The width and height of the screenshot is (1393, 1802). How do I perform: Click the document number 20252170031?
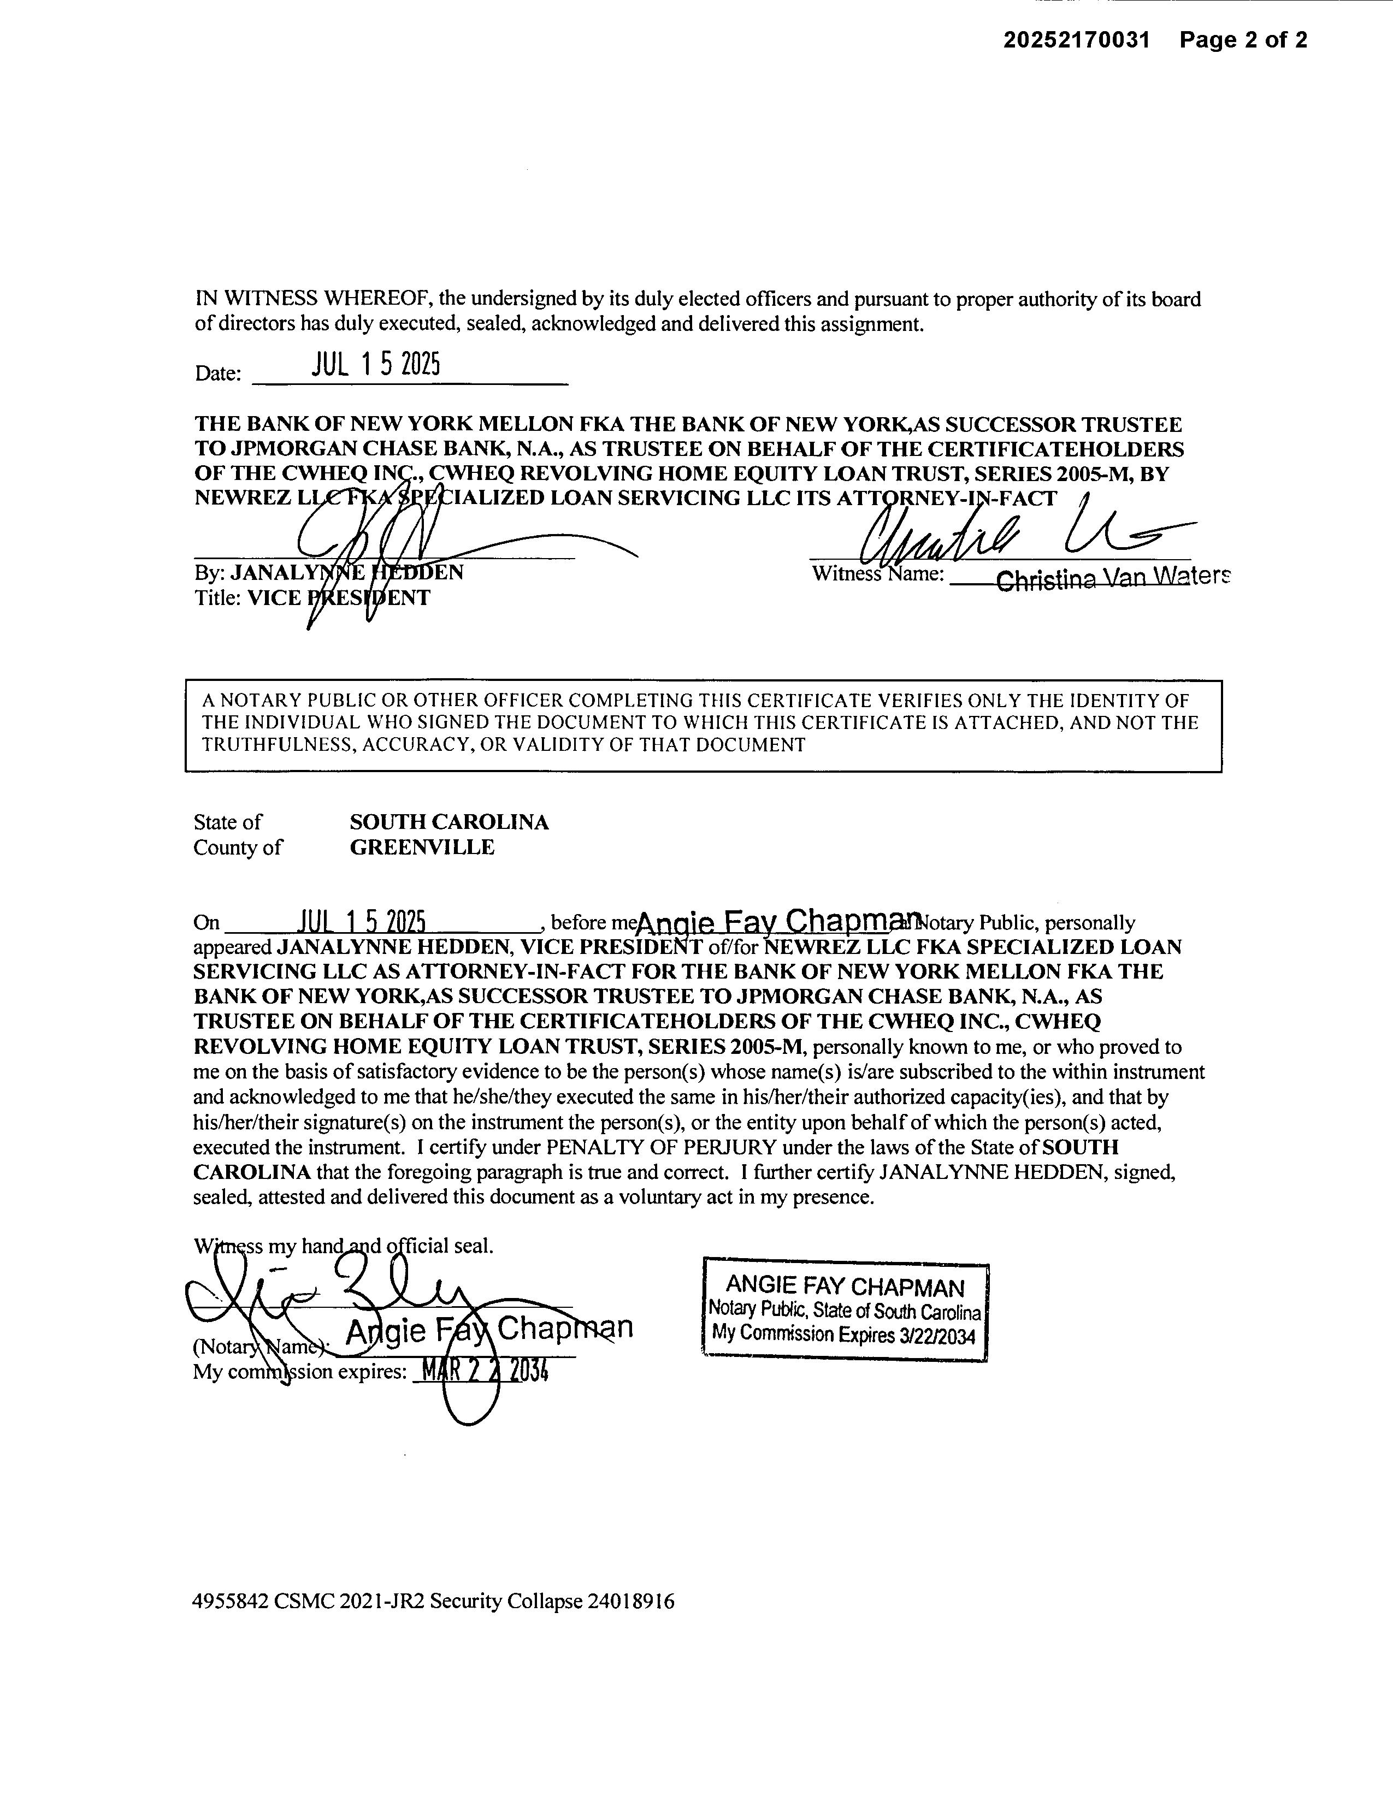[x=1076, y=40]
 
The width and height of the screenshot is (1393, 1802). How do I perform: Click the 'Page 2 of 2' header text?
[x=1243, y=40]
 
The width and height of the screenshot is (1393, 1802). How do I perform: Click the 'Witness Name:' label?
[x=878, y=573]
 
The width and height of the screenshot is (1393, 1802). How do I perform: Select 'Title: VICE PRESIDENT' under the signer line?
[x=312, y=598]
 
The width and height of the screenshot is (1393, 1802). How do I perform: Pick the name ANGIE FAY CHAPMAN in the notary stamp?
[x=844, y=1287]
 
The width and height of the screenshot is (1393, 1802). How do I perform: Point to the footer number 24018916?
[x=630, y=1602]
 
